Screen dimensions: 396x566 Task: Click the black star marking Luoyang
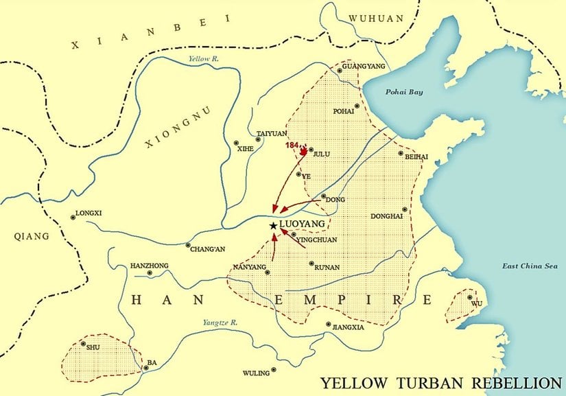pos(273,225)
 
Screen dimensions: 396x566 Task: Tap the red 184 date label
pos(292,145)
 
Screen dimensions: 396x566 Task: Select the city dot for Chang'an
pos(188,245)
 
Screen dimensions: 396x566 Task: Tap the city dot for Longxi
pos(73,218)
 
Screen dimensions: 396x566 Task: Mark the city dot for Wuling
pos(274,369)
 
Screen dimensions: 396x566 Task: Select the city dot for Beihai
pos(400,154)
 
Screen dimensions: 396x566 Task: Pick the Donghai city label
pos(386,216)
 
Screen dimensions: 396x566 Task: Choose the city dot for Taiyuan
pos(258,141)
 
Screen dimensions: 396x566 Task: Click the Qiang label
pos(32,236)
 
